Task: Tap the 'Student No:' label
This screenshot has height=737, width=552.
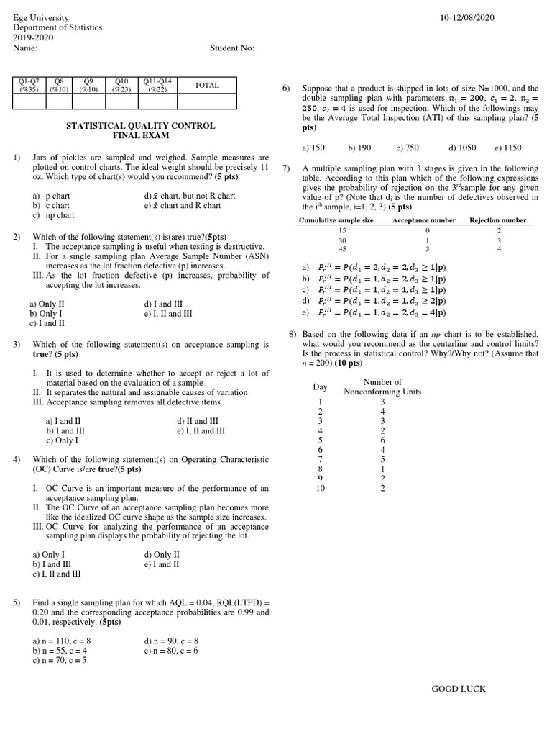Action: pyautogui.click(x=231, y=48)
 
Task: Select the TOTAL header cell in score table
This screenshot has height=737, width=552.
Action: pyautogui.click(x=206, y=86)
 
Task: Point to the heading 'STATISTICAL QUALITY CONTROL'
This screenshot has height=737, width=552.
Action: pyautogui.click(x=140, y=126)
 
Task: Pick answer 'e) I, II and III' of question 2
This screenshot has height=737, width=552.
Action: pyautogui.click(x=167, y=314)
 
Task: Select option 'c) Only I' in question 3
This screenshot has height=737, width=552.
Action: pyautogui.click(x=62, y=440)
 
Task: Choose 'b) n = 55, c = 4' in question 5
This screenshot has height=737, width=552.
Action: pyautogui.click(x=64, y=650)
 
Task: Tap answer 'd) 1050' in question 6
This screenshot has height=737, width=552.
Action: pyautogui.click(x=462, y=148)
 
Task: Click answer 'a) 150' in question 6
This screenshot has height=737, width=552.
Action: pyautogui.click(x=313, y=148)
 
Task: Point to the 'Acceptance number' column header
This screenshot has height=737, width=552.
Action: pyautogui.click(x=423, y=220)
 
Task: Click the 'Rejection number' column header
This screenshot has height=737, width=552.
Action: pyautogui.click(x=498, y=220)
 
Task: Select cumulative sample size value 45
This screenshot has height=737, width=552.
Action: pyautogui.click(x=342, y=249)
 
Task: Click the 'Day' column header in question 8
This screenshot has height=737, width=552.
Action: pyautogui.click(x=320, y=387)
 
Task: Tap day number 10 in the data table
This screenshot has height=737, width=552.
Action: pyautogui.click(x=321, y=488)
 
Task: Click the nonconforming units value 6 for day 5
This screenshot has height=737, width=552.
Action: pyautogui.click(x=383, y=440)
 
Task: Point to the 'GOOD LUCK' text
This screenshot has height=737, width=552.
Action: pyautogui.click(x=458, y=689)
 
